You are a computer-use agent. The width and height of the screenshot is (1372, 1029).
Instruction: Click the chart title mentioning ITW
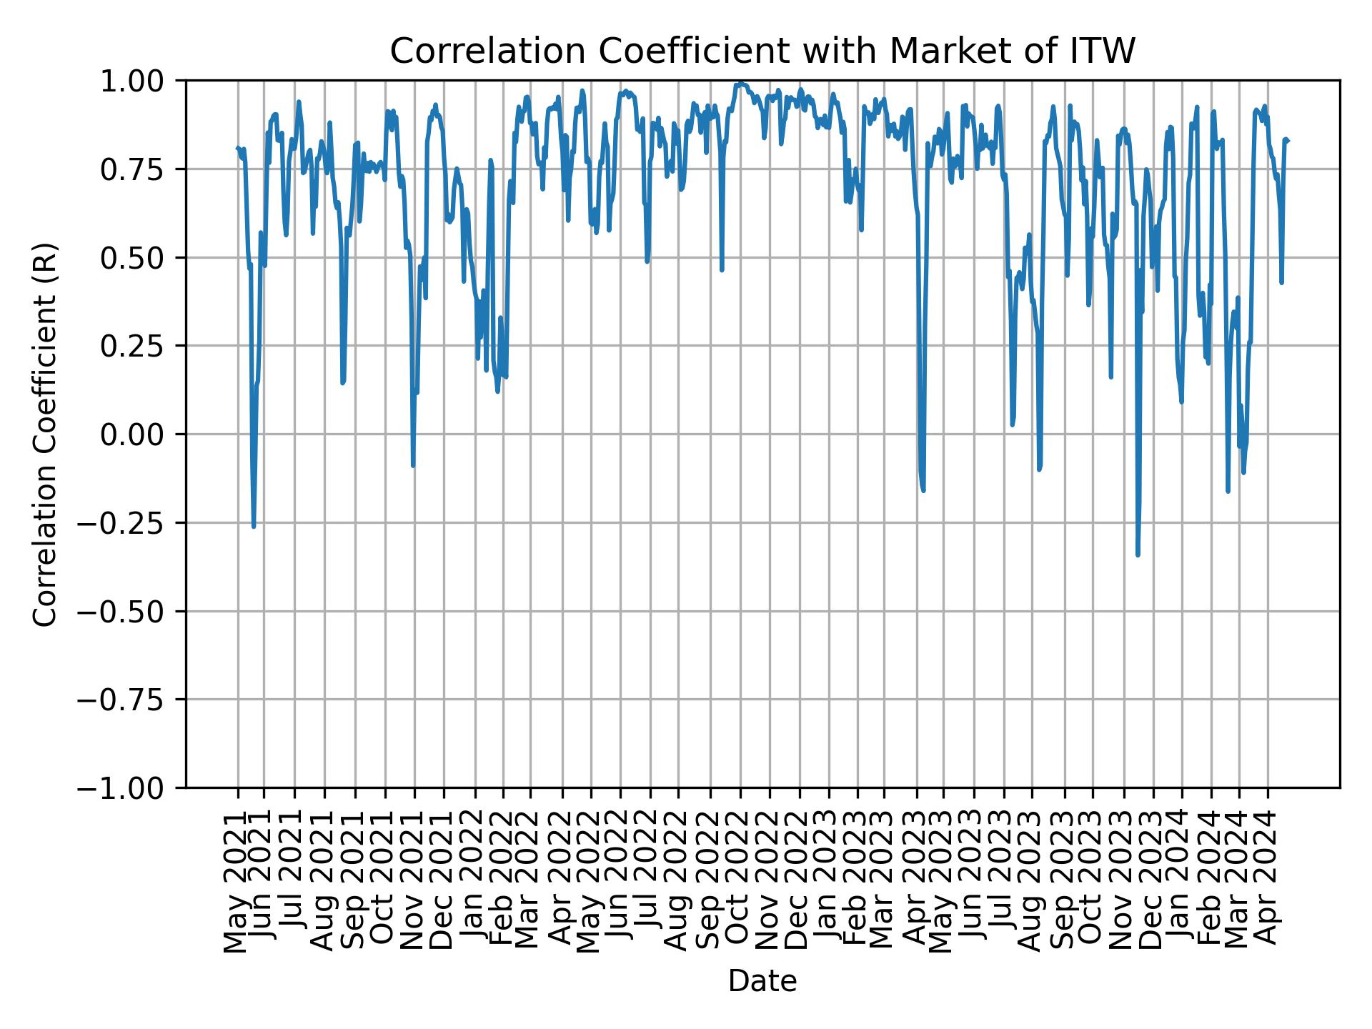click(762, 51)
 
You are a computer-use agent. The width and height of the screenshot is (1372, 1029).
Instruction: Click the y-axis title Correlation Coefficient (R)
click(45, 434)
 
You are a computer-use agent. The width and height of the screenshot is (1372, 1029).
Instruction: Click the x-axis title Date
click(762, 981)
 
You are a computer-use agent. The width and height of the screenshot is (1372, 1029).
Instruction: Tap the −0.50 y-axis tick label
click(131, 611)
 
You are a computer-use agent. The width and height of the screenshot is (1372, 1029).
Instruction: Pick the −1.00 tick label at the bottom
click(131, 787)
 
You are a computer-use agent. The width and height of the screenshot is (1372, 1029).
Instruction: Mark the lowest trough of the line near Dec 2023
click(1138, 555)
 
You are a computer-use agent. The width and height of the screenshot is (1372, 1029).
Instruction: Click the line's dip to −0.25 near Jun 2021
click(254, 527)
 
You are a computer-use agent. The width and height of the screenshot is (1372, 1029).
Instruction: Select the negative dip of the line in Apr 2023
click(923, 490)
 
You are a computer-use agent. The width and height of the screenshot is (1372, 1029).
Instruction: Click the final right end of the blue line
click(1288, 141)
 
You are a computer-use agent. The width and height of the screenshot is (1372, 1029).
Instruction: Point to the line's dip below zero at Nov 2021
click(413, 466)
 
